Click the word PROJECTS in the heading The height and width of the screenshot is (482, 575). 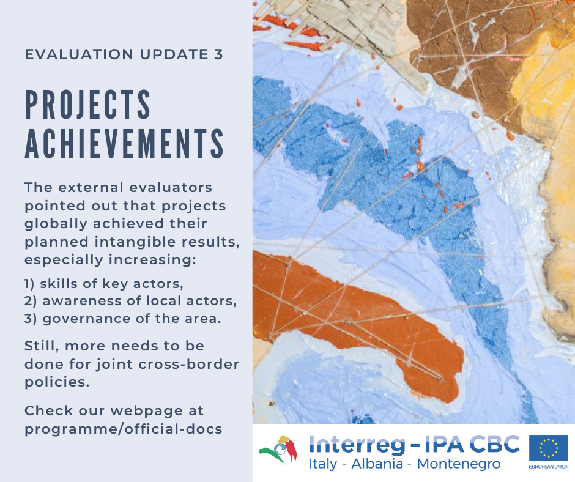[x=87, y=104]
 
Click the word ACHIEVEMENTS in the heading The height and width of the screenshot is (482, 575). [x=124, y=143]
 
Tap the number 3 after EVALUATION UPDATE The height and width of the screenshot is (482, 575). [x=218, y=54]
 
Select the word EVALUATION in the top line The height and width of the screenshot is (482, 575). [x=79, y=54]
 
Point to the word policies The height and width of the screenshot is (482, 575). [x=57, y=382]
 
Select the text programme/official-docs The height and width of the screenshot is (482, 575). [x=123, y=429]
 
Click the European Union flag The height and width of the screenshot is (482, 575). [x=548, y=448]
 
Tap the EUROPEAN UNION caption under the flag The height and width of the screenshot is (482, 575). [x=549, y=467]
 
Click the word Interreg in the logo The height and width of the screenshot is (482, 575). [x=357, y=445]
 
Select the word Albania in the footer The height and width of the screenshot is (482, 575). [x=377, y=464]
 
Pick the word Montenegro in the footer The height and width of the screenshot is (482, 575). [x=459, y=464]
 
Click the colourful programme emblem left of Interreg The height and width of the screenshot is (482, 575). [x=278, y=450]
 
